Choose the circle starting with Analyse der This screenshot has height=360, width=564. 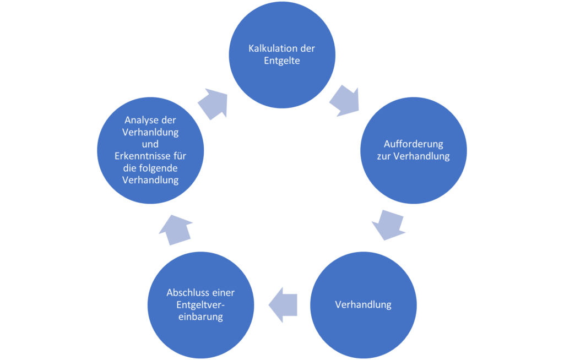151,150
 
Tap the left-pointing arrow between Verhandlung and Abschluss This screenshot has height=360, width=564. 284,304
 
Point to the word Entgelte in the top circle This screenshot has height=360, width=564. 281,61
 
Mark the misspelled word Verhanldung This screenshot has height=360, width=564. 151,132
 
